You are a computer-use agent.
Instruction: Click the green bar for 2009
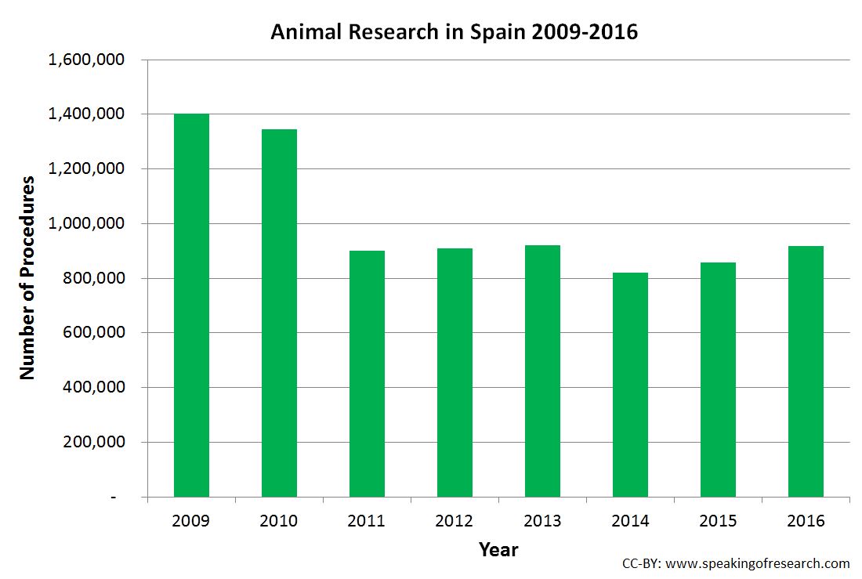click(191, 306)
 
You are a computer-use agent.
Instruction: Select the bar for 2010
click(279, 313)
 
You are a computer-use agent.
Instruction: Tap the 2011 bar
click(367, 374)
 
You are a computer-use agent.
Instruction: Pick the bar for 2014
click(630, 385)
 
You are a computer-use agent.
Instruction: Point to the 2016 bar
click(806, 371)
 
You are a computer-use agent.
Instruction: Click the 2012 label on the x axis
click(455, 521)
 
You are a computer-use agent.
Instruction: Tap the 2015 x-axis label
click(718, 521)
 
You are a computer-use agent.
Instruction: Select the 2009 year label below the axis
click(191, 521)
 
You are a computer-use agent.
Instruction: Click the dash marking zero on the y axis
click(114, 498)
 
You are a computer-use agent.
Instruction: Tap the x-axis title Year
click(498, 550)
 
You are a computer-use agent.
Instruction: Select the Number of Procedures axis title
click(27, 278)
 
